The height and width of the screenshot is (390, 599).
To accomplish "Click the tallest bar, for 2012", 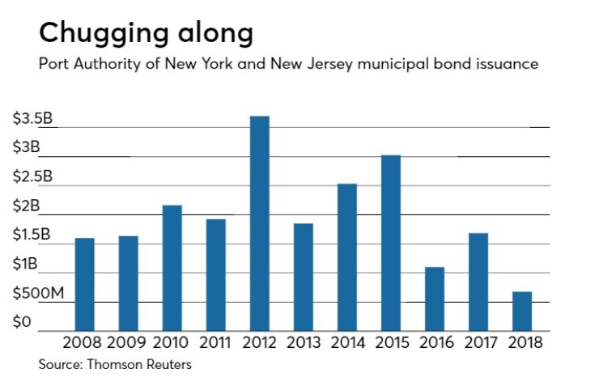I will point(259,223).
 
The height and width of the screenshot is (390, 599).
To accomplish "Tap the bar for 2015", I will point(391,242).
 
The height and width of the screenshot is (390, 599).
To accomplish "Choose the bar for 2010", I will point(172,267).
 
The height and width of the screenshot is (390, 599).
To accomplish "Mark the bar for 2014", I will point(346,256).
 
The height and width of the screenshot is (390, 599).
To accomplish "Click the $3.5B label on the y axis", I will point(32,119).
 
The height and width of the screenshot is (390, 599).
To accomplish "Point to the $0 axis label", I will point(22,323).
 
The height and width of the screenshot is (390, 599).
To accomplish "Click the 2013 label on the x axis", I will point(303,343).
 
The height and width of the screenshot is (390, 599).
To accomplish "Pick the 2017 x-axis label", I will point(478,343).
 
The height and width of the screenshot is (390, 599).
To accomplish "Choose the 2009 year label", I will point(128,343).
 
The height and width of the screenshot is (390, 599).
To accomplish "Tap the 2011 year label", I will point(215,343).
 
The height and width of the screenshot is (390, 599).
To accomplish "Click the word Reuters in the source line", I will point(167,365).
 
